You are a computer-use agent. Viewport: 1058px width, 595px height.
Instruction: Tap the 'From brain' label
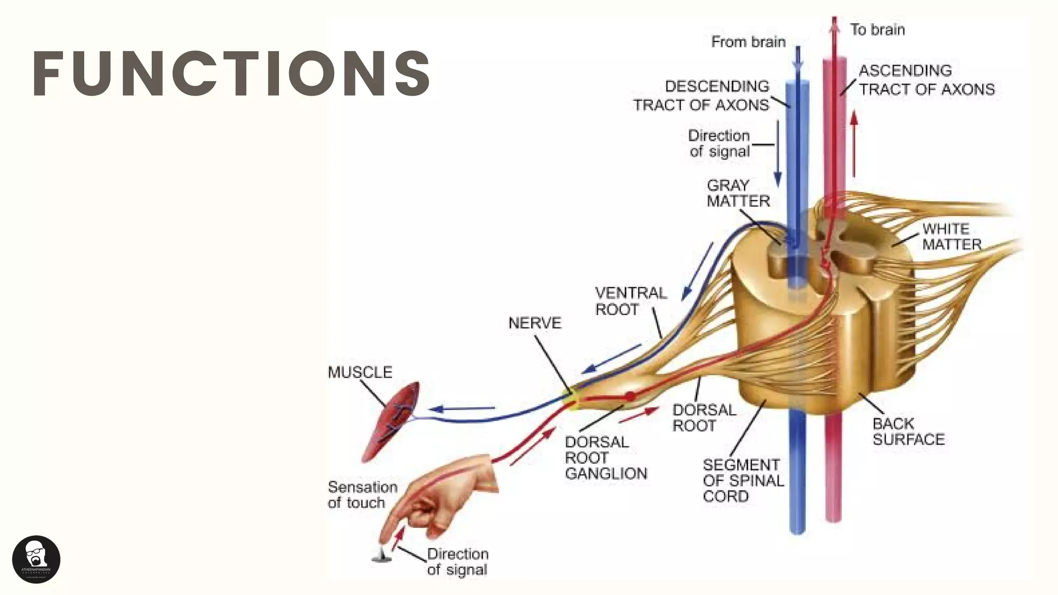[748, 42]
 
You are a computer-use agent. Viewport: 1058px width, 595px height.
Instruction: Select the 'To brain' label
[877, 30]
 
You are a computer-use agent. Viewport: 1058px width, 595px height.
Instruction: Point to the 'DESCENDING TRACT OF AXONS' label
[702, 96]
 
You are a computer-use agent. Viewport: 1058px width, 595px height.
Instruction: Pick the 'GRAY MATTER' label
[738, 193]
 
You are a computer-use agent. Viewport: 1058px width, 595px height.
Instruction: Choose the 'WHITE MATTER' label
[952, 237]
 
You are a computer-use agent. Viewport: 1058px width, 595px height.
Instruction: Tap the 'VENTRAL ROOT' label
[630, 301]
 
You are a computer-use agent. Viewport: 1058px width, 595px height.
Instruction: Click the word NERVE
[535, 323]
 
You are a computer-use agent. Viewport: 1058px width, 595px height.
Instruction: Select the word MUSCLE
[360, 372]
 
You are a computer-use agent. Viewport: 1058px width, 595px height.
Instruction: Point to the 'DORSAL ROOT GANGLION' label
[605, 458]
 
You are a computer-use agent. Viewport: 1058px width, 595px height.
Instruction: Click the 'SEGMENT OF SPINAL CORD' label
[743, 481]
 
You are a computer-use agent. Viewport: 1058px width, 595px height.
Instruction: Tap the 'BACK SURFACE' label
[908, 432]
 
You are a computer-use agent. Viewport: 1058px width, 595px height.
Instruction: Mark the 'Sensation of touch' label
[363, 495]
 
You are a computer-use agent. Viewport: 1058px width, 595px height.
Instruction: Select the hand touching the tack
[439, 496]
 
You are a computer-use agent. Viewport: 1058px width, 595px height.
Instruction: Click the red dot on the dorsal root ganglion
[630, 397]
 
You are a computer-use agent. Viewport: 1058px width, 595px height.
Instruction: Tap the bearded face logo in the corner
[36, 559]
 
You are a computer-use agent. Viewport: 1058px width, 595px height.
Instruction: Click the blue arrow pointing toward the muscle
[462, 409]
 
